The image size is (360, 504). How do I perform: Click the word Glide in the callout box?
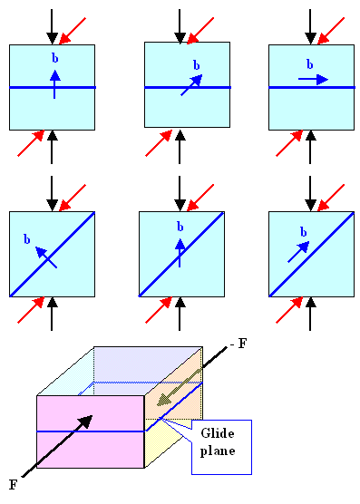click(x=220, y=435)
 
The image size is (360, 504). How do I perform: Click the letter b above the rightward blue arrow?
click(x=310, y=64)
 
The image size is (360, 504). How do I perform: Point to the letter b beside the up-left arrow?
click(x=27, y=239)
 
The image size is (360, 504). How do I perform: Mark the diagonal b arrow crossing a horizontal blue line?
click(x=193, y=84)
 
